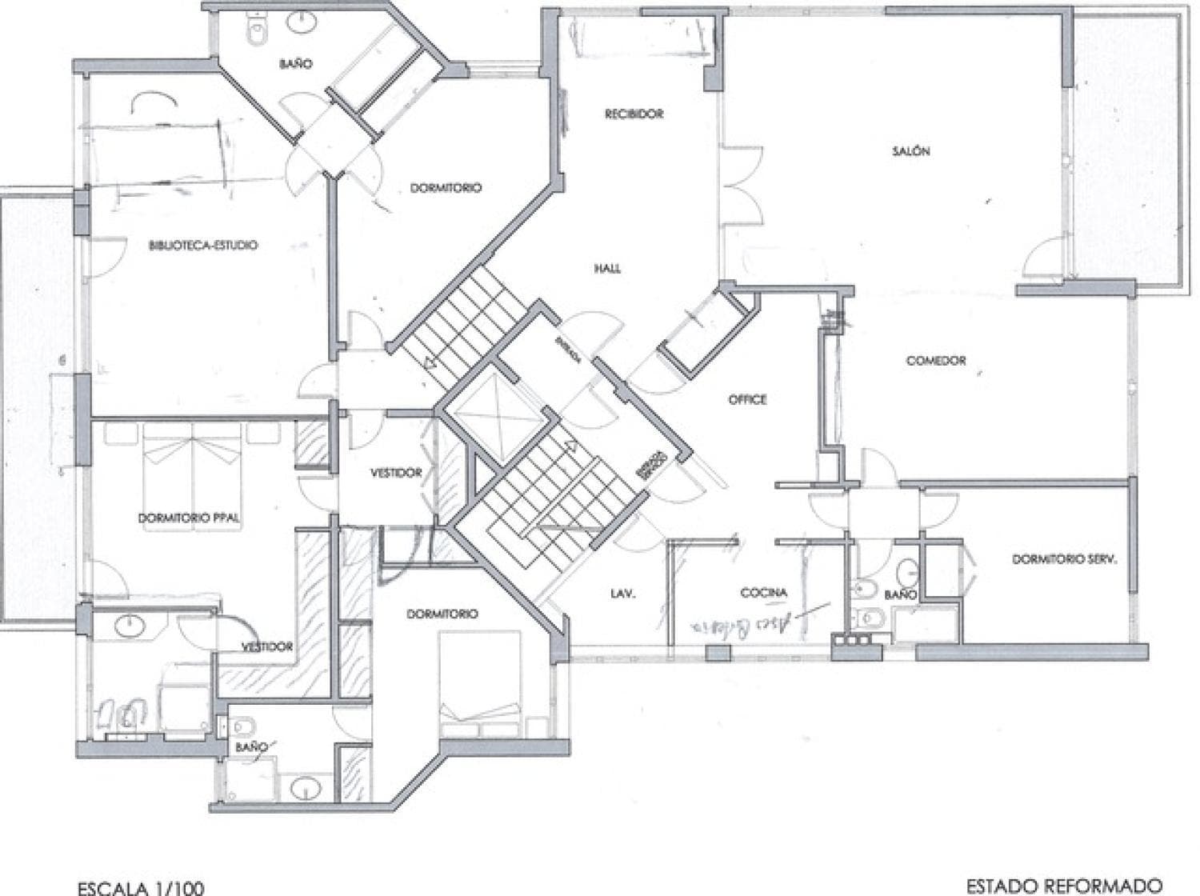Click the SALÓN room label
tap(911, 151)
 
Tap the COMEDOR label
tap(935, 361)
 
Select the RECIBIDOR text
tap(634, 114)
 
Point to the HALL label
tap(607, 269)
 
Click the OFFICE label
tap(747, 399)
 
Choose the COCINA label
tap(763, 593)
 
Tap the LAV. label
tap(622, 594)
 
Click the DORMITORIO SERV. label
tap(1063, 559)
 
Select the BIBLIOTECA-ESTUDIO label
tap(203, 246)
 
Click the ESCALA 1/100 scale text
tap(140, 887)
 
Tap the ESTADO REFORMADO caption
tap(1063, 886)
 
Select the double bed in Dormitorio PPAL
tap(191, 453)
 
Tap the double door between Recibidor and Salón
tap(742, 185)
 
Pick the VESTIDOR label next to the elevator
tap(395, 473)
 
